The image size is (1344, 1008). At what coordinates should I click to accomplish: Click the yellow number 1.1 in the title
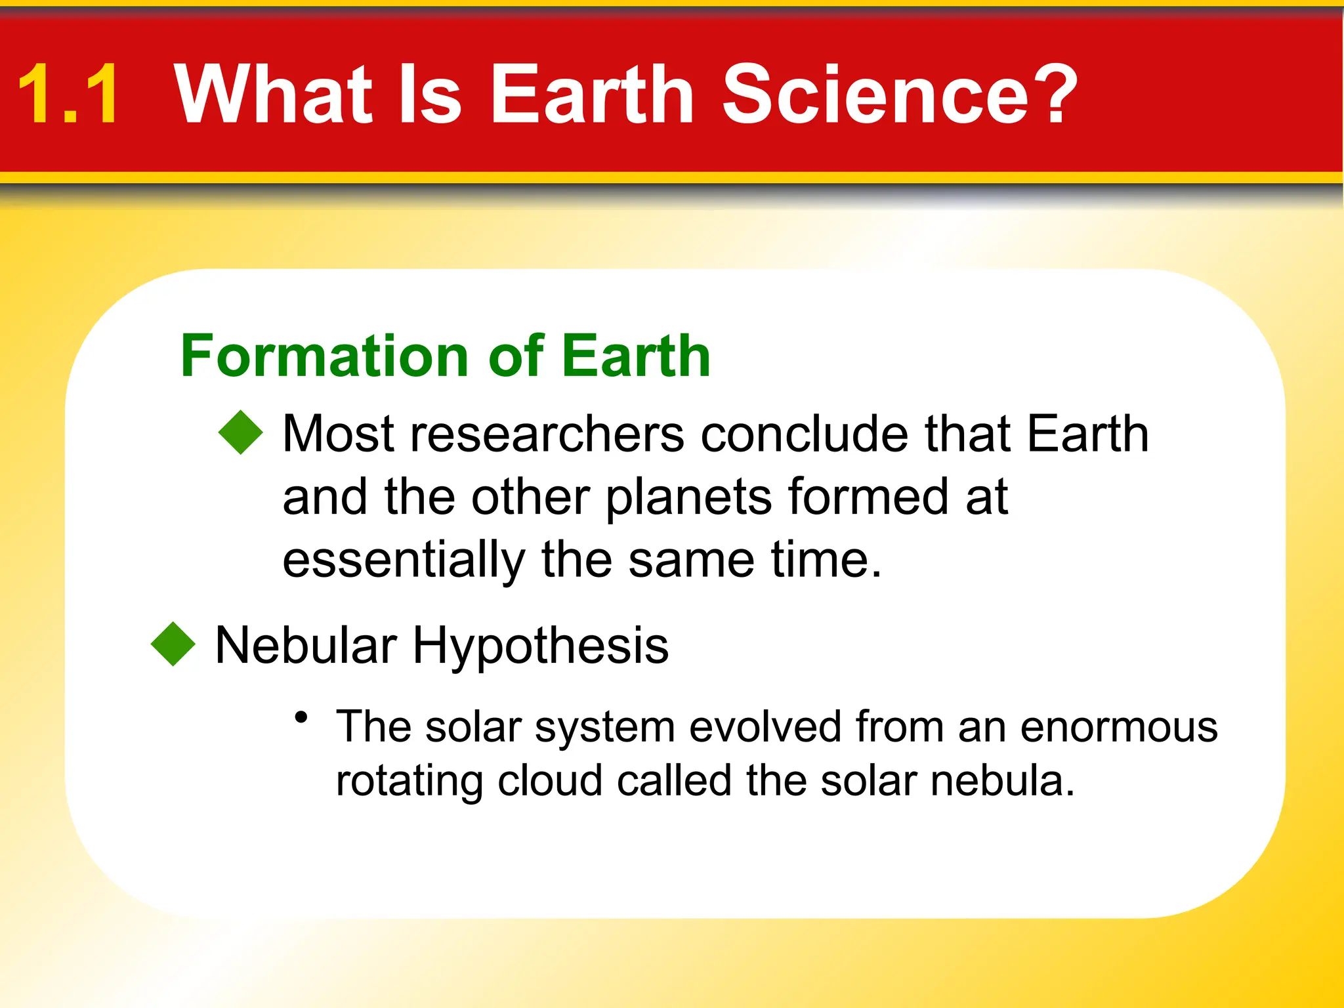tap(69, 94)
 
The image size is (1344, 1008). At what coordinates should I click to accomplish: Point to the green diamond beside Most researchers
tap(241, 432)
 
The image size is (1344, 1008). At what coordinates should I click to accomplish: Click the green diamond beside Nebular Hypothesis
tap(173, 644)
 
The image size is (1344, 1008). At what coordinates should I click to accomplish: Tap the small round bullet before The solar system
tap(301, 717)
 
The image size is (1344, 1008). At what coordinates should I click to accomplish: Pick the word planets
tap(688, 497)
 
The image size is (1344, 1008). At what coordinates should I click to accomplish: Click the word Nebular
tap(306, 645)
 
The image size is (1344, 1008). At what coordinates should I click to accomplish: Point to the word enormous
tap(1119, 727)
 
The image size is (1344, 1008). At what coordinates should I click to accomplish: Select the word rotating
tap(409, 781)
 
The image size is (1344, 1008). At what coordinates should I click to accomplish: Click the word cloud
tap(550, 781)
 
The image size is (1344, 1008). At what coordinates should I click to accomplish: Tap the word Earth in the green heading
tap(636, 356)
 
